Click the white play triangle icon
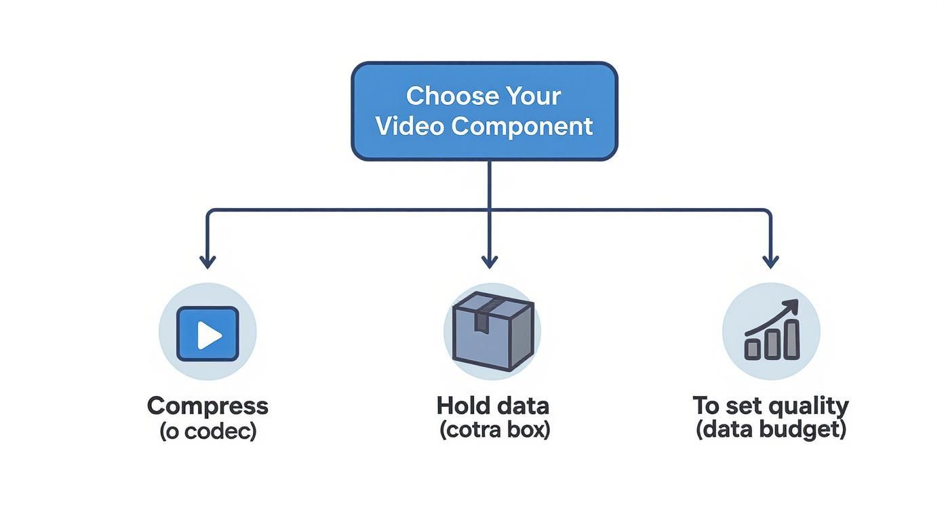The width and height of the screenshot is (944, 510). click(x=210, y=334)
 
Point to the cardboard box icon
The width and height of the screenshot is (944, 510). click(x=492, y=331)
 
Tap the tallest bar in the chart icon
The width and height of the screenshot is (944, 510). click(x=791, y=339)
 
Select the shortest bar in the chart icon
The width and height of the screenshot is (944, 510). click(x=753, y=349)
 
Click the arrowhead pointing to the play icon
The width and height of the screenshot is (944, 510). click(x=208, y=261)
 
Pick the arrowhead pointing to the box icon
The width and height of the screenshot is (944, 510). click(x=489, y=261)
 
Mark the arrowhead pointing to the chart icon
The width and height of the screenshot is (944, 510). click(x=770, y=261)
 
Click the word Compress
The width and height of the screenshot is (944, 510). click(x=208, y=406)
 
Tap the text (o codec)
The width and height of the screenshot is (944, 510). click(x=208, y=431)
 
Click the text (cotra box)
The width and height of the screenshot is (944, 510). click(x=494, y=429)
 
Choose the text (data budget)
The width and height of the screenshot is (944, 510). click(x=771, y=429)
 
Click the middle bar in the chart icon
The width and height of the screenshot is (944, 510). click(x=772, y=345)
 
